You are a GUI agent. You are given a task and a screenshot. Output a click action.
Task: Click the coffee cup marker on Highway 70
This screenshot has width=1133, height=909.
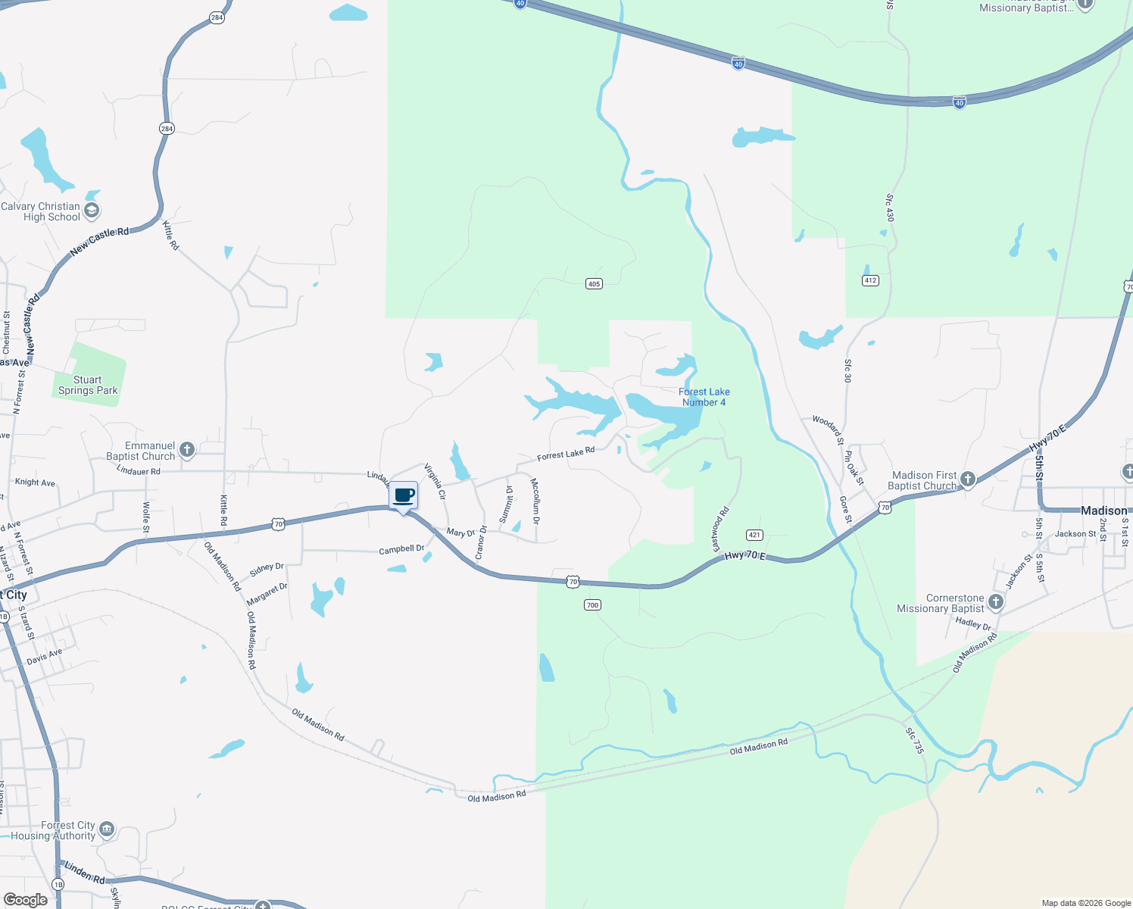(404, 496)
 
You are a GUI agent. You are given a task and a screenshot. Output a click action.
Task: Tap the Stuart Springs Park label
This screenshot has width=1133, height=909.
(88, 386)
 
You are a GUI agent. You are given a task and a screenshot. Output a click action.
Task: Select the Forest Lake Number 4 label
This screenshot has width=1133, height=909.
(704, 397)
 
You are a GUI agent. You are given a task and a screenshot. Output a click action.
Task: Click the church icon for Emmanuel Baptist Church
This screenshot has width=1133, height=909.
(187, 451)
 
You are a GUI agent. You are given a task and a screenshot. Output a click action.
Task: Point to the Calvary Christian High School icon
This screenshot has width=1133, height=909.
(92, 211)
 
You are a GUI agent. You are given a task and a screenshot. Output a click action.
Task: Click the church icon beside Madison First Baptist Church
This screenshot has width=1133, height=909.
(967, 479)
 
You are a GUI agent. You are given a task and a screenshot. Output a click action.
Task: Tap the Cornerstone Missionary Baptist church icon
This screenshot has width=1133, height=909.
(996, 602)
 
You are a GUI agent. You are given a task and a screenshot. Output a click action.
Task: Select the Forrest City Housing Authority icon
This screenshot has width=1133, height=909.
(107, 829)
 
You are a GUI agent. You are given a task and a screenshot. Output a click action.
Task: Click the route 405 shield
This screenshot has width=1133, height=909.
(594, 284)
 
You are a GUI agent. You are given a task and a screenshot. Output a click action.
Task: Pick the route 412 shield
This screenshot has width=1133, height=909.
(870, 280)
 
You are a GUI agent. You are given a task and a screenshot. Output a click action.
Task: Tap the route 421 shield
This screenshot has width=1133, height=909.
(754, 535)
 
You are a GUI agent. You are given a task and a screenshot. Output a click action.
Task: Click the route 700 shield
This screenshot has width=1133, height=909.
(592, 604)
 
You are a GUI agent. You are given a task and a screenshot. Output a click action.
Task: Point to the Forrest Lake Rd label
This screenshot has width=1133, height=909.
(566, 454)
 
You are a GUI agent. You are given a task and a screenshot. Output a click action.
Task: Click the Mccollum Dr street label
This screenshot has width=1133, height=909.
(535, 501)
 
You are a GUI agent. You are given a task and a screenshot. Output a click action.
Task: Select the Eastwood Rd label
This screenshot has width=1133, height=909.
(720, 529)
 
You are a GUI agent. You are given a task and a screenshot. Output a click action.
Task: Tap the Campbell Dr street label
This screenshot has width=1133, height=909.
(401, 549)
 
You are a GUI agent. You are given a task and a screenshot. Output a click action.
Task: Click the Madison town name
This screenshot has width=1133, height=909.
(1103, 511)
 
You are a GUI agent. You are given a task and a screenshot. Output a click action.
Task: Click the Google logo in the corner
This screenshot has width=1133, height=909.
(25, 900)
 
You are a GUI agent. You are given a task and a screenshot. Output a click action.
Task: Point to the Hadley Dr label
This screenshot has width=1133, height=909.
(973, 623)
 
